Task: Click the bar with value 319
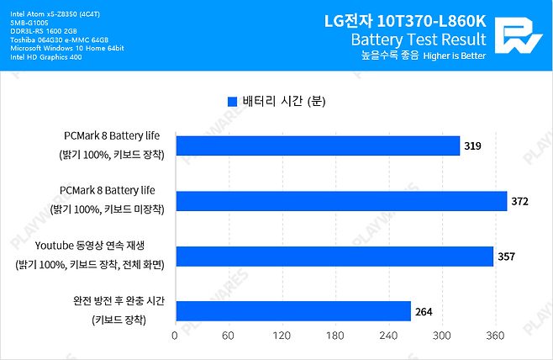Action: click(318, 146)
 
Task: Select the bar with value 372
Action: click(340, 201)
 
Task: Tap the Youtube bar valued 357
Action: click(334, 257)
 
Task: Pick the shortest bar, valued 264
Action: click(292, 311)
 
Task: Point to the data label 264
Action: click(424, 312)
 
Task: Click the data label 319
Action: click(473, 147)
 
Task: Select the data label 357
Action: click(506, 257)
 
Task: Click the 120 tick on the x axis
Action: click(281, 336)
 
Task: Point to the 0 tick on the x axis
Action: click(175, 336)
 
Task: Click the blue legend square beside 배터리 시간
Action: click(233, 102)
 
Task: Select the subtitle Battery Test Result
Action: click(418, 40)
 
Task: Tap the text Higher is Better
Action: click(455, 56)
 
